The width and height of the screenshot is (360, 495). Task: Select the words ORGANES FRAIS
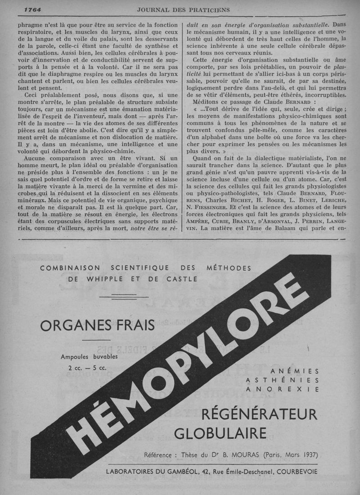[97, 325]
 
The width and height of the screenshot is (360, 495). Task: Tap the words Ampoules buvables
[89, 357]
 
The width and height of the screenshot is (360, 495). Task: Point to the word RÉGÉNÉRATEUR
[259, 413]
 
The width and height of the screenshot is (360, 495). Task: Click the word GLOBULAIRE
[220, 433]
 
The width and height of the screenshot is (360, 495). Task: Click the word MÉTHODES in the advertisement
[229, 268]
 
